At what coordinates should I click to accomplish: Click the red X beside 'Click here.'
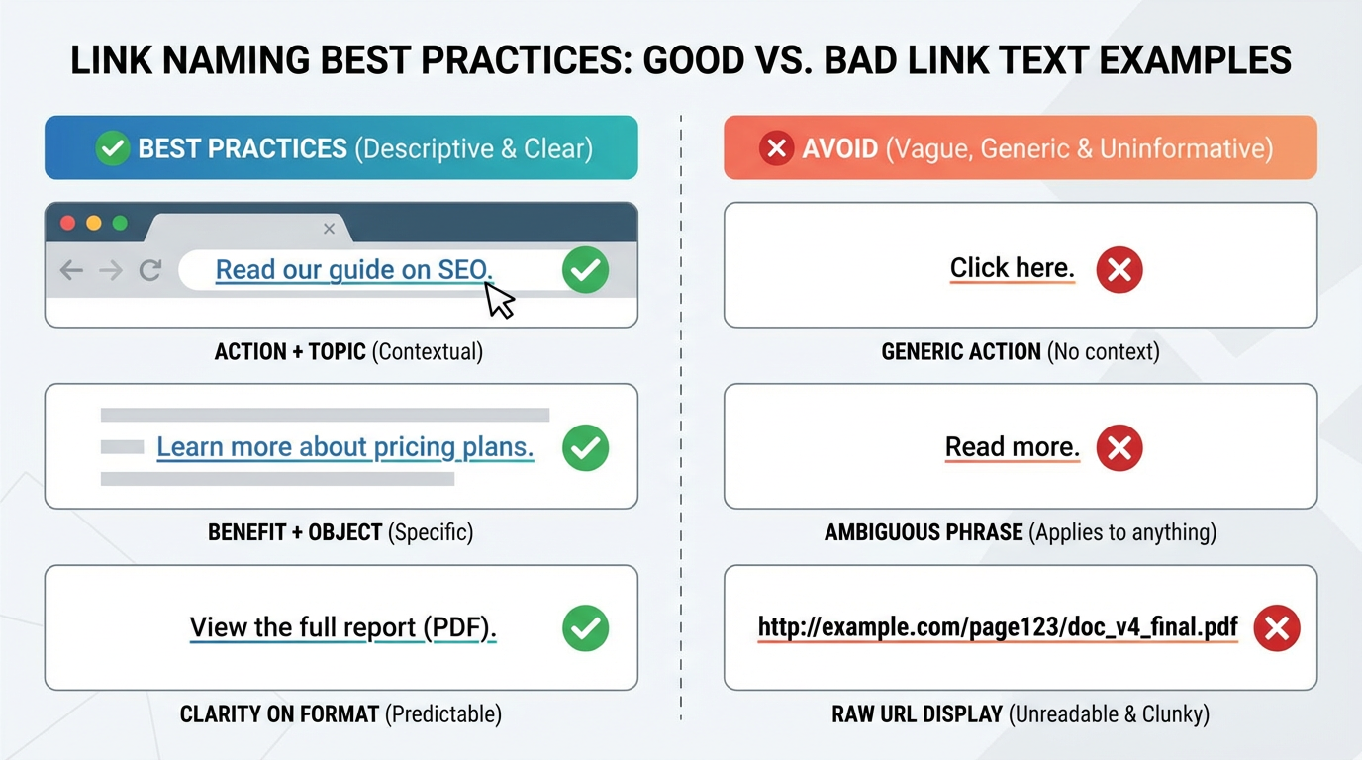tap(1119, 269)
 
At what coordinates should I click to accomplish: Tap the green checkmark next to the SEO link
tap(585, 269)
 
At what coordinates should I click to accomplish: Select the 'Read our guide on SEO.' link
tap(353, 269)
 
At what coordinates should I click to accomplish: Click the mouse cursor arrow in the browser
tap(500, 300)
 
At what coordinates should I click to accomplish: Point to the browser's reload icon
tap(150, 269)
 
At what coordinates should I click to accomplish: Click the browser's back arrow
tap(71, 269)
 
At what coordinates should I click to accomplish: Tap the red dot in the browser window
tap(68, 223)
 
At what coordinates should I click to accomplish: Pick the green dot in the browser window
tap(120, 223)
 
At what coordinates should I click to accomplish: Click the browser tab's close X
tap(330, 229)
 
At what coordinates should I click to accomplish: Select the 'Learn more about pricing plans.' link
tap(344, 447)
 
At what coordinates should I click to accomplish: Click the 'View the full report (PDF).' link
tap(342, 627)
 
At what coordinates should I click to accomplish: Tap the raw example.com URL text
tap(998, 627)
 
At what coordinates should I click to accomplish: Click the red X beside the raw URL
tap(1277, 627)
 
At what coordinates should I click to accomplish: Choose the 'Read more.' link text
tap(1012, 447)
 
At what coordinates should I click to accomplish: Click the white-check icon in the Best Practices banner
tap(113, 148)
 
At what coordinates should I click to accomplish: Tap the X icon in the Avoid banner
tap(777, 148)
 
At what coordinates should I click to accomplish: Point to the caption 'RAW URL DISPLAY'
tap(918, 713)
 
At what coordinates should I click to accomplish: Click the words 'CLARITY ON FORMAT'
tap(279, 713)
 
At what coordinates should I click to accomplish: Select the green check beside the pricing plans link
tap(585, 448)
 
